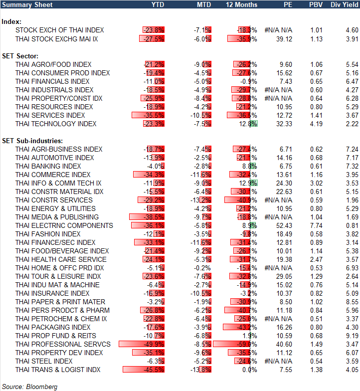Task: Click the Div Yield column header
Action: pos(343,4)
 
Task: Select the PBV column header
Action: pos(316,4)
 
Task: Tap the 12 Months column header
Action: pos(241,4)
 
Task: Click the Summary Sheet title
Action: pos(22,4)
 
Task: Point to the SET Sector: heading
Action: pos(21,56)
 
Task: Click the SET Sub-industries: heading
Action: pos(31,141)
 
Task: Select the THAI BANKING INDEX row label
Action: pos(48,166)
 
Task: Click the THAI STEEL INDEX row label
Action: pos(44,361)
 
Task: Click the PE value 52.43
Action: pos(284,225)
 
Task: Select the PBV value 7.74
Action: pos(316,225)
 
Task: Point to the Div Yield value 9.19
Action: pos(352,336)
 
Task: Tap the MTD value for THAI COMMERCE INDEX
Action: pos(202,175)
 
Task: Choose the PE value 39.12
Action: pos(284,39)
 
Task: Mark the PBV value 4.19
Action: pos(316,124)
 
